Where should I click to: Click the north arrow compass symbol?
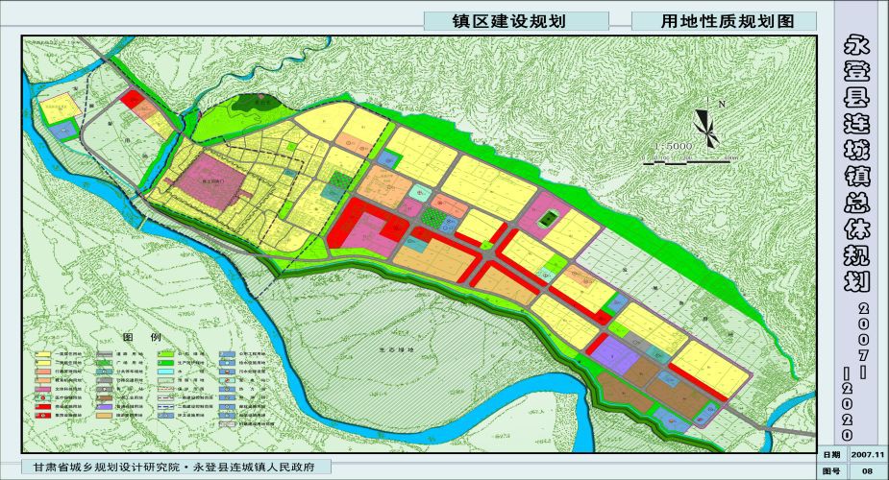(x=705, y=123)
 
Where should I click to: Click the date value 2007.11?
(x=866, y=454)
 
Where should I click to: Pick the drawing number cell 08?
(x=866, y=470)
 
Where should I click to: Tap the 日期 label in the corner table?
(x=830, y=454)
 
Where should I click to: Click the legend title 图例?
(x=134, y=338)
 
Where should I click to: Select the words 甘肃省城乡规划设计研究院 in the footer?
(x=106, y=467)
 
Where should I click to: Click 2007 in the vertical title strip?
(x=862, y=326)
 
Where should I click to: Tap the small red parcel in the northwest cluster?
(x=132, y=98)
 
